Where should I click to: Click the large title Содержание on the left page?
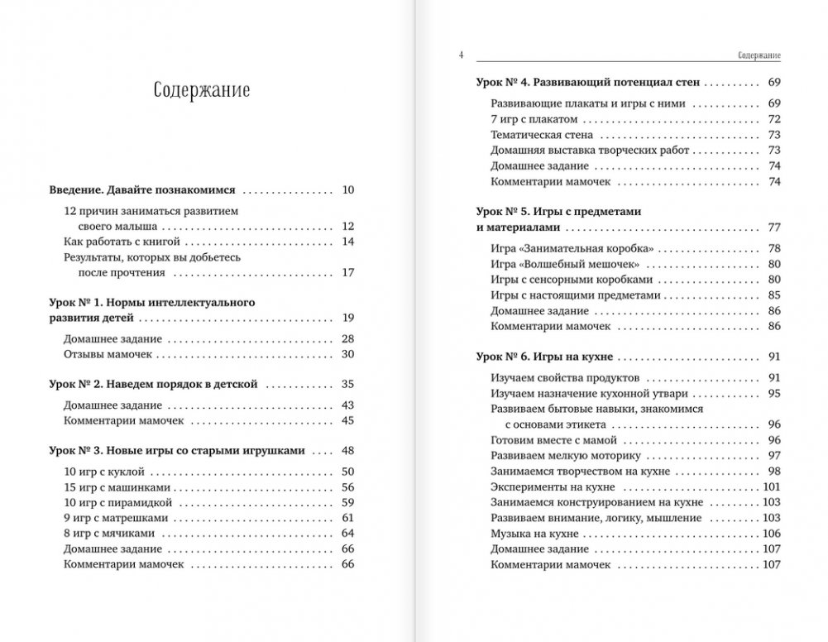[x=202, y=89]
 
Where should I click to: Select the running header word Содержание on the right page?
[x=759, y=55]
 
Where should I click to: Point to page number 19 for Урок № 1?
[x=347, y=318]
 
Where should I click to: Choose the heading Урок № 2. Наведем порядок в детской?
[x=154, y=384]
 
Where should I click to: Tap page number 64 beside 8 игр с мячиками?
[x=347, y=534]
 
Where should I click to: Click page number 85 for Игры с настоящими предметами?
[x=775, y=295]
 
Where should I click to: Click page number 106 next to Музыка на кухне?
[x=773, y=533]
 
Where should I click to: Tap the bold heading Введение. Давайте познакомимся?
[x=143, y=189]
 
